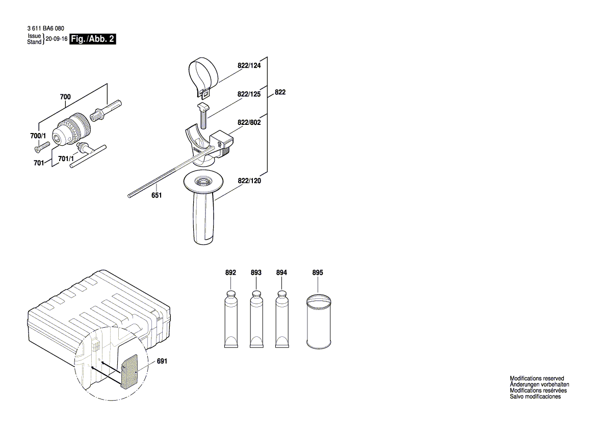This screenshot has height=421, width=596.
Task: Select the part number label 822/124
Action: coord(249,66)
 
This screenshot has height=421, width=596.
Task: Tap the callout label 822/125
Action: coord(249,95)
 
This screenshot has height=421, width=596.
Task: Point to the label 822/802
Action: coord(249,123)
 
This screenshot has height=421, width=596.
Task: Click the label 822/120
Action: coord(249,181)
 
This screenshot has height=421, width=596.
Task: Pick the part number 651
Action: coord(157,195)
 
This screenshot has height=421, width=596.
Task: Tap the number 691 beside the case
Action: coord(162,361)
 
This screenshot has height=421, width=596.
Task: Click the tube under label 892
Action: coord(230,320)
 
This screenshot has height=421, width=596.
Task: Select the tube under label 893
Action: coord(256,320)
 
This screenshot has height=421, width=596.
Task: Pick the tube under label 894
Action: coord(281,320)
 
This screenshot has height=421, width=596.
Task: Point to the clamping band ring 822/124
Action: coord(203,74)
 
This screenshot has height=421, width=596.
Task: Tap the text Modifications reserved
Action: coord(536,378)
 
